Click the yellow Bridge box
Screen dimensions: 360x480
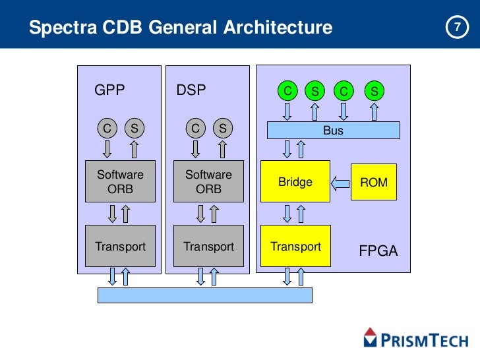[295, 181]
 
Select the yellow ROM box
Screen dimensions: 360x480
[374, 182]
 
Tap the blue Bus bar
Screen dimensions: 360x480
[333, 131]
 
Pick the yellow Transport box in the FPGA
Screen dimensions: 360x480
[295, 246]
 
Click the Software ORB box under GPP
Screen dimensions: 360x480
[120, 181]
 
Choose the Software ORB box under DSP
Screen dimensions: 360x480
[208, 181]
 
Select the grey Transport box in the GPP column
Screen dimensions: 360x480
[120, 246]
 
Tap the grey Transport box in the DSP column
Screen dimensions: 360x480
[208, 246]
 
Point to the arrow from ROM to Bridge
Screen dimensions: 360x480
[340, 182]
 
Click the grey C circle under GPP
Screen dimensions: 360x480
[106, 129]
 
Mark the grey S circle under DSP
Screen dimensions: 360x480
[223, 129]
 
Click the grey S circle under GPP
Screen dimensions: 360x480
[135, 129]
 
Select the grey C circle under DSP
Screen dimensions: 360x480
[195, 129]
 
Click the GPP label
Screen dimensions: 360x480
[109, 91]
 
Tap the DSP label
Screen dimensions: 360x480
[191, 91]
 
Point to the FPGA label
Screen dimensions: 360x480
[378, 251]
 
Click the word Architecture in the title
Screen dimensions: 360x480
[278, 28]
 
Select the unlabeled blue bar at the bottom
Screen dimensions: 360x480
[204, 295]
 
